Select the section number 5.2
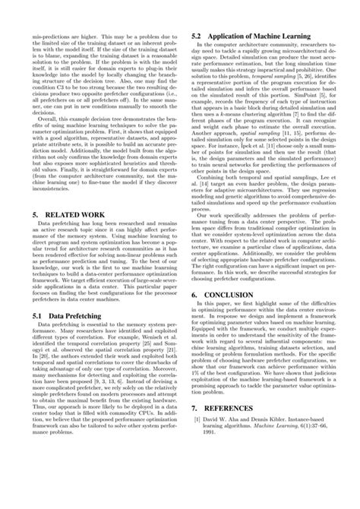(197, 35)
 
